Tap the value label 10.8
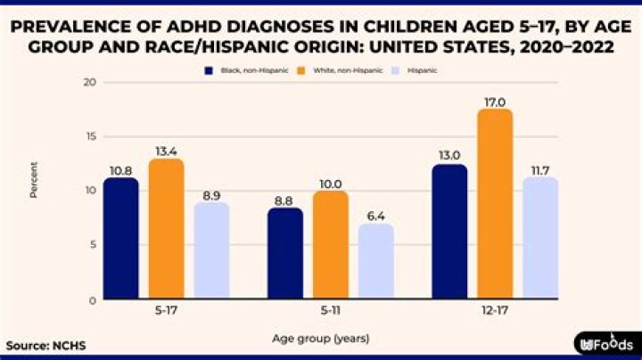[x=120, y=169]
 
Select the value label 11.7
[x=540, y=169]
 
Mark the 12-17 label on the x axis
[x=495, y=315]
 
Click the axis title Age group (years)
[x=320, y=339]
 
